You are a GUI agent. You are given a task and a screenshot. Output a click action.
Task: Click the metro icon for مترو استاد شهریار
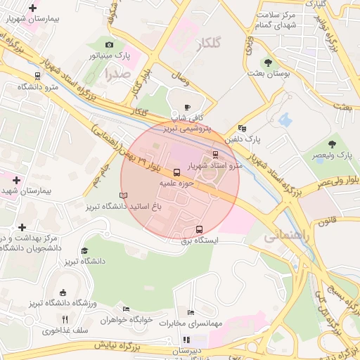tap(215, 155)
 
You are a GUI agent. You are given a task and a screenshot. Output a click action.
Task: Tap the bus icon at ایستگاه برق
tap(199, 229)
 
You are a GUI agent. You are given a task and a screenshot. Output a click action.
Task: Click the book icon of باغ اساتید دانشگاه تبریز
tap(124, 195)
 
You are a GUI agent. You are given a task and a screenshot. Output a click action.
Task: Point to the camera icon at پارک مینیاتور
tap(109, 45)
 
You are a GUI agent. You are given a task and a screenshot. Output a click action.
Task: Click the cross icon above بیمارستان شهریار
tap(32, 8)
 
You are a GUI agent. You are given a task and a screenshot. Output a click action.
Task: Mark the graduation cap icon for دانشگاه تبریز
tap(84, 250)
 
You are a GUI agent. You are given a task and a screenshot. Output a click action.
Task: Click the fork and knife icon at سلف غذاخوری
tap(65, 319)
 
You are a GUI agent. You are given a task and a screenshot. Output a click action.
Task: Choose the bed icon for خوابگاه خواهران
tap(127, 309)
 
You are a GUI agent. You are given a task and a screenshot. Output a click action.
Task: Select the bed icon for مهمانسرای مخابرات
tap(190, 312)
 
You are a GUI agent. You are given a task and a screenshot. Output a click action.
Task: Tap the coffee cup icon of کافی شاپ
tap(187, 108)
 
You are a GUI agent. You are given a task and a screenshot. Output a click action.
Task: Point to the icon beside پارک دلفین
tap(243, 128)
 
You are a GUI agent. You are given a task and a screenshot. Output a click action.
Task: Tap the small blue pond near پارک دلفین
tap(284, 120)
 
